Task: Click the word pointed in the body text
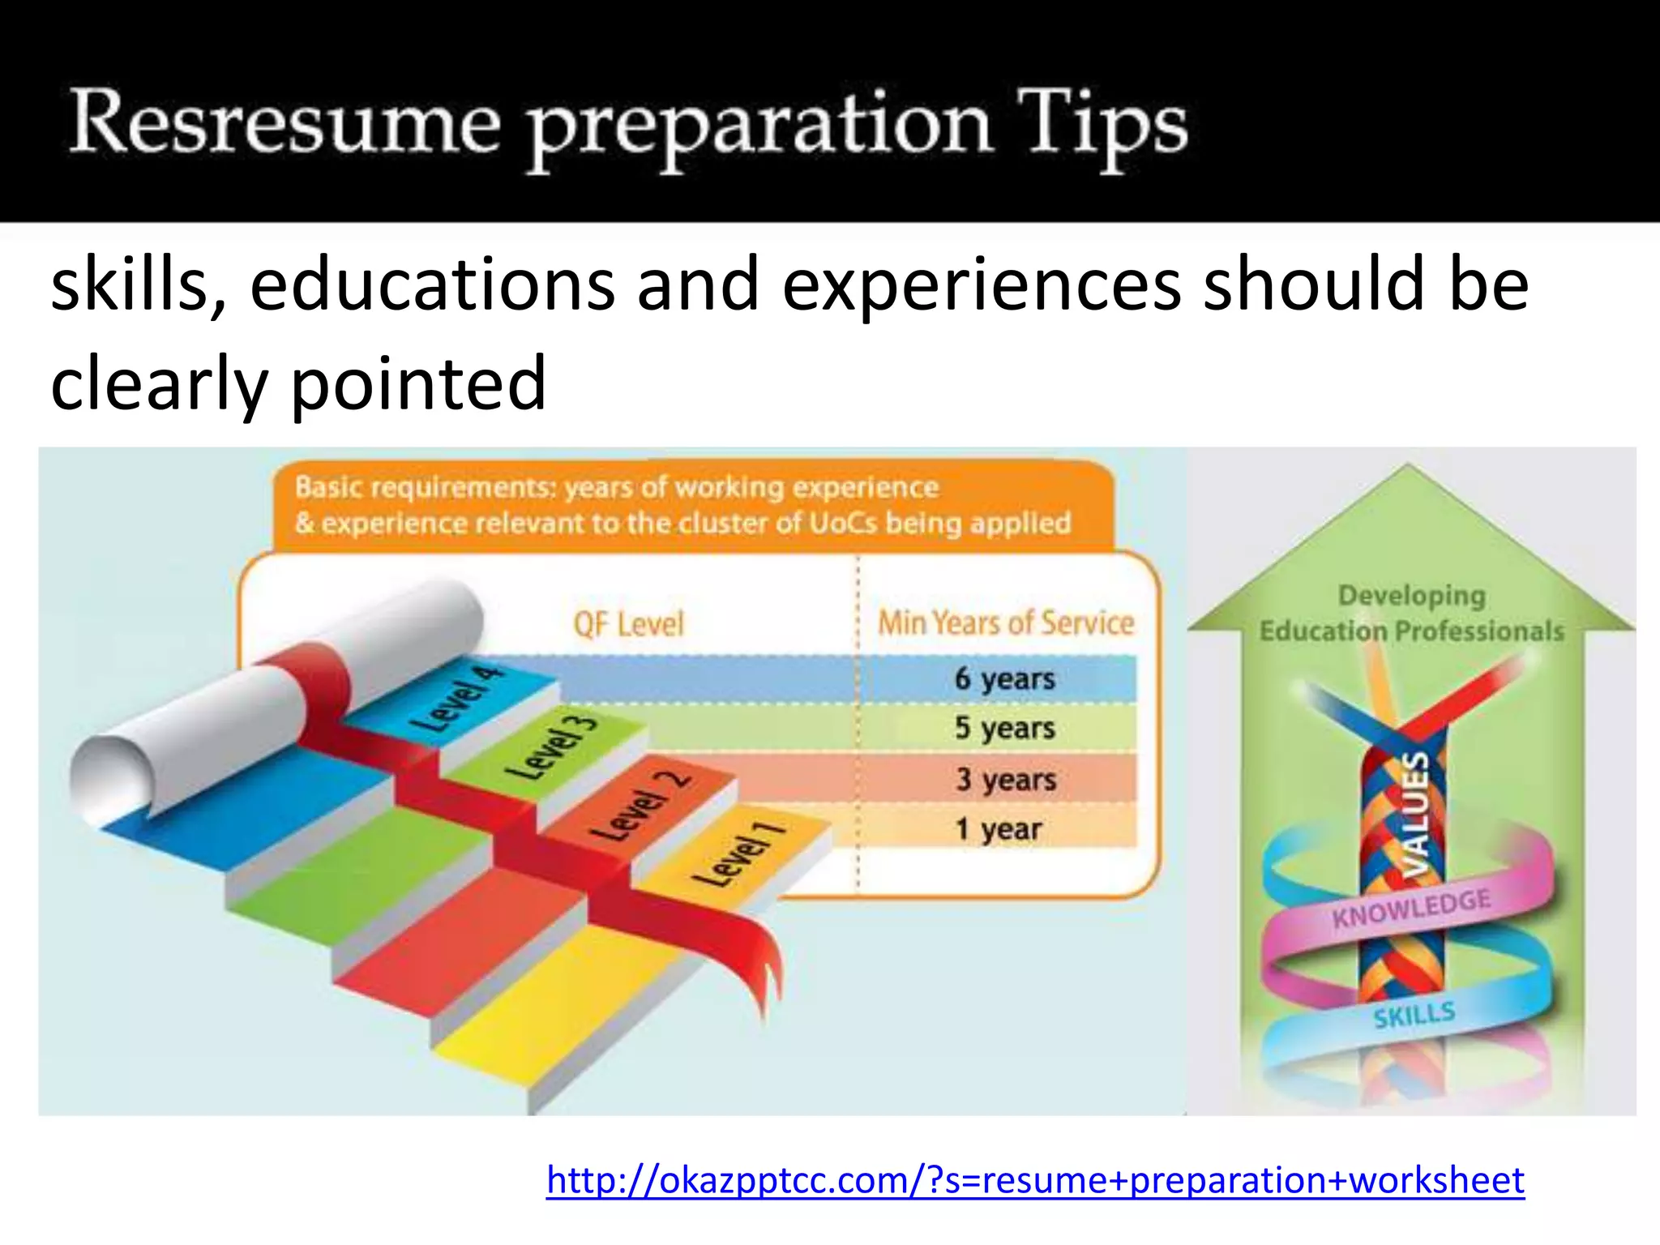coord(417,383)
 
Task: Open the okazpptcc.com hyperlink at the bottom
coord(1035,1180)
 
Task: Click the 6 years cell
coord(1004,678)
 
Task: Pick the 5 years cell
coord(1004,728)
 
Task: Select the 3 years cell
coord(1005,779)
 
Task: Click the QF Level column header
coord(628,624)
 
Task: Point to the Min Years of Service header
coord(1006,622)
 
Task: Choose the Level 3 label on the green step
coord(551,747)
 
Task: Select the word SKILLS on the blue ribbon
coord(1414,1015)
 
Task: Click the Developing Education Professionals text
coord(1411,614)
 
